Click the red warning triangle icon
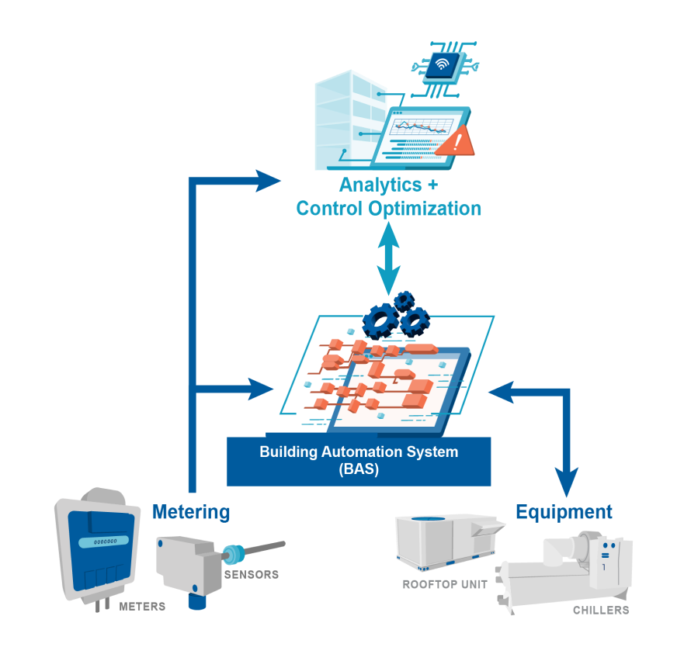[x=455, y=142]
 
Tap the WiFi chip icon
[x=440, y=66]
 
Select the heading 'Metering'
[x=191, y=512]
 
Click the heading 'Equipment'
[x=564, y=512]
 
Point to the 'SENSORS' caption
[x=251, y=575]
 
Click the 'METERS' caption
[x=142, y=607]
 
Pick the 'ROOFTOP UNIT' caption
[x=445, y=584]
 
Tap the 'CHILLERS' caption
[x=601, y=611]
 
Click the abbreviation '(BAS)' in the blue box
[x=359, y=469]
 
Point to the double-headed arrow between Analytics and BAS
[x=388, y=256]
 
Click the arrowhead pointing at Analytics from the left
[x=269, y=181]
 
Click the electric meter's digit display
[x=101, y=542]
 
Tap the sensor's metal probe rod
[x=265, y=548]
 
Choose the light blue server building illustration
[x=347, y=120]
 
